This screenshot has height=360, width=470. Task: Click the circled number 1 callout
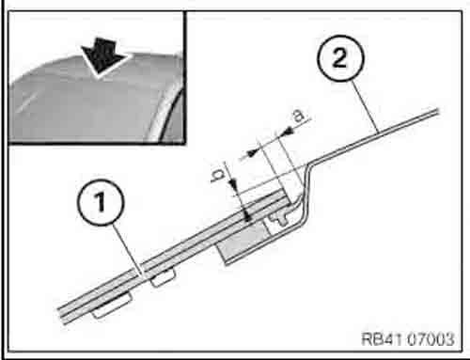coord(101,202)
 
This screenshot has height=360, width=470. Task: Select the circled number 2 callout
coord(340,58)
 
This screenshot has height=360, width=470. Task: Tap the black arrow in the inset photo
coord(103,57)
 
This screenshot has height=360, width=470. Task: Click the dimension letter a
coord(299,116)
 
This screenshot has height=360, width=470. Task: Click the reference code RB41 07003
coord(408,339)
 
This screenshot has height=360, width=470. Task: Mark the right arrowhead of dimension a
coord(288,132)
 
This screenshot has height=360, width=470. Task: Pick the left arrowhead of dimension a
coord(251,153)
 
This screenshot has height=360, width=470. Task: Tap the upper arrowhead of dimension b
coord(234,184)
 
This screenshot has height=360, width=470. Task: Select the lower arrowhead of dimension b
coord(247,216)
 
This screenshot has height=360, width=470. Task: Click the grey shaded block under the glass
coord(243,241)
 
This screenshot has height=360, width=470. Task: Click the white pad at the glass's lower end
coord(112,305)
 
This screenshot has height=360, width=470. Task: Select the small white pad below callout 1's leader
coord(163,278)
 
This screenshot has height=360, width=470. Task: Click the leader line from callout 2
coord(365,106)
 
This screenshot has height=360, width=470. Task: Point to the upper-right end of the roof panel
coord(438,110)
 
